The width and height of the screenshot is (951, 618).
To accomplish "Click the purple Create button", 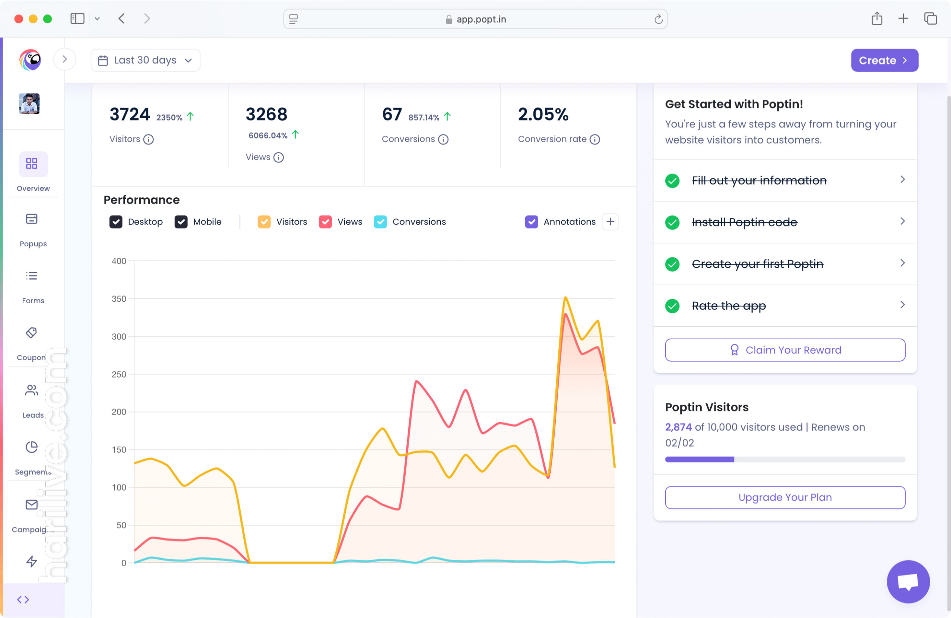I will tap(884, 60).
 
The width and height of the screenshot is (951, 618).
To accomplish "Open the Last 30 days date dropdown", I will tap(146, 60).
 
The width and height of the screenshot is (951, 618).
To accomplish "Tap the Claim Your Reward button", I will tap(785, 350).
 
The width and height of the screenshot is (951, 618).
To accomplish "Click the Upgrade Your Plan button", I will tap(785, 498).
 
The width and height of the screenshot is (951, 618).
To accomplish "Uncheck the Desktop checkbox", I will tap(116, 222).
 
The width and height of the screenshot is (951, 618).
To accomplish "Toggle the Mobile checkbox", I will tap(181, 222).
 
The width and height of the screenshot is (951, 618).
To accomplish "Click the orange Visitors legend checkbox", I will tap(264, 222).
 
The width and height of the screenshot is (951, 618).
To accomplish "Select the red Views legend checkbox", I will tap(325, 222).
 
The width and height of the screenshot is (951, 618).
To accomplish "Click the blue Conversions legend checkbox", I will tap(380, 222).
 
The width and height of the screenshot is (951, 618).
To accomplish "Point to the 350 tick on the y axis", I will tap(119, 299).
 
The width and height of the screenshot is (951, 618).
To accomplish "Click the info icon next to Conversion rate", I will tap(595, 139).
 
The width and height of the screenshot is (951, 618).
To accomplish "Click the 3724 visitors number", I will tap(130, 115).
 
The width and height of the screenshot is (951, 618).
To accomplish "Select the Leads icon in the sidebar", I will tap(32, 391).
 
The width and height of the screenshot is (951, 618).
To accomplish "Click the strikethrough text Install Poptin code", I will tap(744, 222).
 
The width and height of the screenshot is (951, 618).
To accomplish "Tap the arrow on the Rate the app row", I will tap(902, 305).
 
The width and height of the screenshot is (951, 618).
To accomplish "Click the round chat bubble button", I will tap(908, 582).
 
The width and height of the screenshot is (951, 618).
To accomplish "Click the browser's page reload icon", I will tap(658, 19).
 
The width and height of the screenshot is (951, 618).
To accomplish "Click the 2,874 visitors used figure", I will tap(678, 427).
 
